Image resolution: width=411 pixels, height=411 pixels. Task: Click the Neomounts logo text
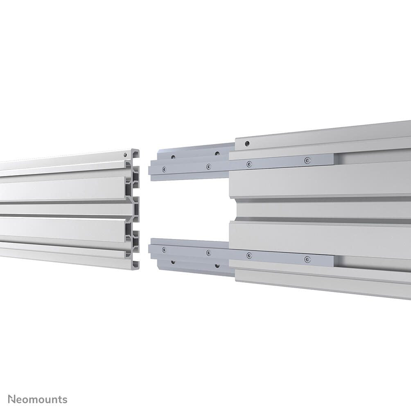coord(38,399)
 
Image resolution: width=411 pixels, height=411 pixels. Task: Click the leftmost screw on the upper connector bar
coord(164,169)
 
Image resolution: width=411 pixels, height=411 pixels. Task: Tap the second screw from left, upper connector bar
coord(208,166)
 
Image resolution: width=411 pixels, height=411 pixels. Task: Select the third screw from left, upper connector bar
coord(249,164)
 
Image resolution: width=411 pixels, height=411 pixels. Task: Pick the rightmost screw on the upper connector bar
coord(307,161)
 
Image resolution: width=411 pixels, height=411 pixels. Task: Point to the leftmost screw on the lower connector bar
coord(164,249)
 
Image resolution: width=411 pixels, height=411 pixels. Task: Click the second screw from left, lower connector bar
coord(208,253)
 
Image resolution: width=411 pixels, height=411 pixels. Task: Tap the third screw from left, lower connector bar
coord(249,255)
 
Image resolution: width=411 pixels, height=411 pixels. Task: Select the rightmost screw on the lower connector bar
coord(307,259)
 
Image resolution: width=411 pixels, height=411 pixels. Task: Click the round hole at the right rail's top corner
coord(246,144)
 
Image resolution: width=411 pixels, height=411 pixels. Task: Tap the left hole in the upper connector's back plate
coord(173,157)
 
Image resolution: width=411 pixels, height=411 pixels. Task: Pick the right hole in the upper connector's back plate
coord(217,154)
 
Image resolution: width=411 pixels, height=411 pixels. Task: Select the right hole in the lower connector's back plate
coord(217,265)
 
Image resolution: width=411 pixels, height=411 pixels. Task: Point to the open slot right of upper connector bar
coord(373,157)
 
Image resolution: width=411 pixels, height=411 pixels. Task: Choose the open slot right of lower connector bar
coord(373,263)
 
